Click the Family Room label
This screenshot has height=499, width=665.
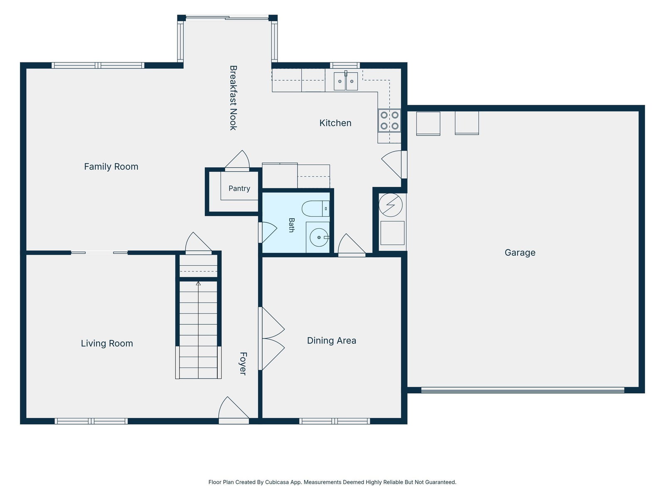pyautogui.click(x=111, y=166)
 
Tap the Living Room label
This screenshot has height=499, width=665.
pyautogui.click(x=107, y=343)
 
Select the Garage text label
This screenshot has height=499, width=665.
pyautogui.click(x=520, y=252)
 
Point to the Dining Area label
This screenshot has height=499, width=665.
pyautogui.click(x=331, y=341)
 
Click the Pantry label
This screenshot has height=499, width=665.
pyautogui.click(x=239, y=188)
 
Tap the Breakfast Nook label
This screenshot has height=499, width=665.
pyautogui.click(x=233, y=98)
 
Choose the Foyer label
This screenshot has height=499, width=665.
pyautogui.click(x=243, y=363)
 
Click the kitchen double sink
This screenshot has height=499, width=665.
pyautogui.click(x=346, y=81)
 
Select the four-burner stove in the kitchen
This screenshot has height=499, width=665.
pyautogui.click(x=389, y=120)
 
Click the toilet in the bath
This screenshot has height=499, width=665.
pyautogui.click(x=315, y=208)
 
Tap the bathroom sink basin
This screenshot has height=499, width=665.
pyautogui.click(x=319, y=237)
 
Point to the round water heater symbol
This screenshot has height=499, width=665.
pyautogui.click(x=391, y=205)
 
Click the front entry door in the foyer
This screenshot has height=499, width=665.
pyautogui.click(x=234, y=410)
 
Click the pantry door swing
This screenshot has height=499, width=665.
pyautogui.click(x=237, y=161)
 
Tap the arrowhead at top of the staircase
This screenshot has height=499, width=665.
pyautogui.click(x=198, y=284)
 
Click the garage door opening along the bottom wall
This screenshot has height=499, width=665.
pyautogui.click(x=522, y=390)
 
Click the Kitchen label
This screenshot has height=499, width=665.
pyautogui.click(x=335, y=123)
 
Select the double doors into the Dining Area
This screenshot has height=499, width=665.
pyautogui.click(x=271, y=338)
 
